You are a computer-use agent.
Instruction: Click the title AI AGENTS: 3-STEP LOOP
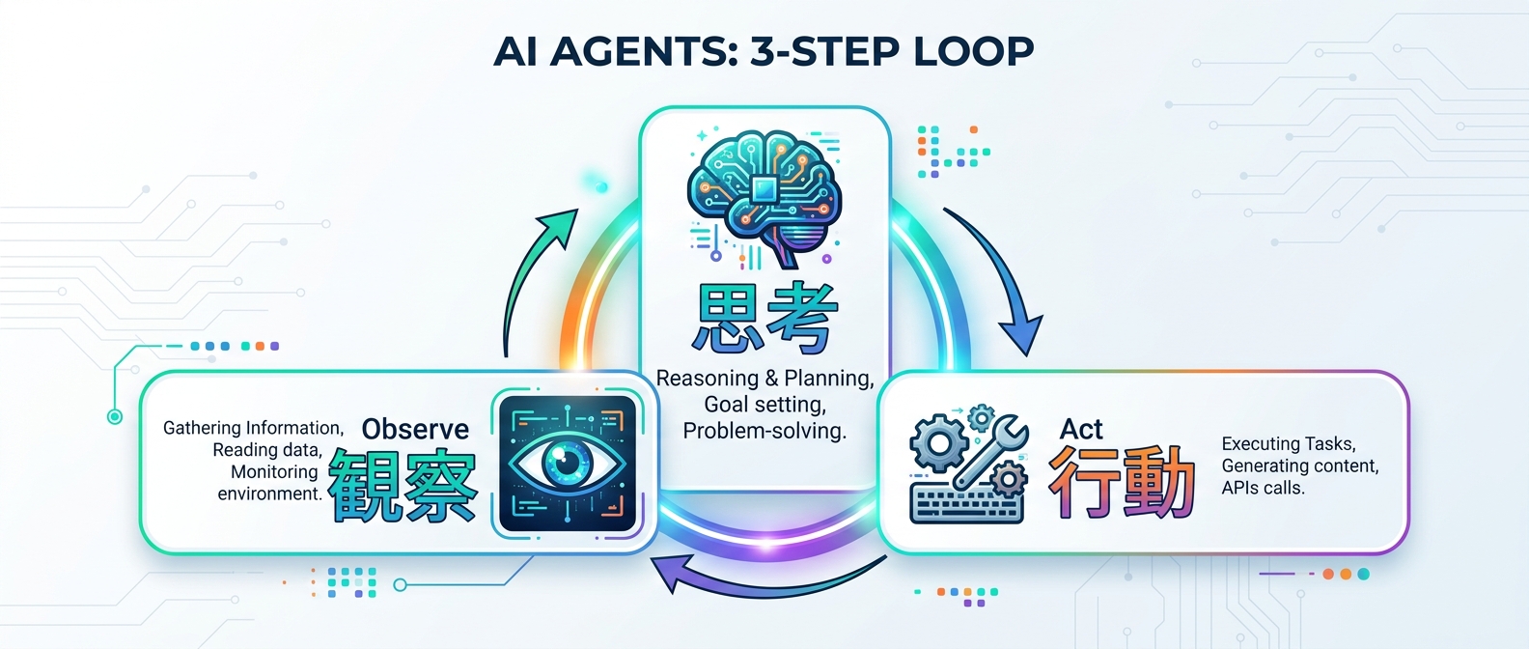tap(764, 51)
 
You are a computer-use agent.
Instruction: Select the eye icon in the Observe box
tap(568, 463)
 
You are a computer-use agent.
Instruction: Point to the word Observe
tap(415, 429)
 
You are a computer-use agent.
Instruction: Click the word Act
tap(1081, 429)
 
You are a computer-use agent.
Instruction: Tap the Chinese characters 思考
tap(764, 318)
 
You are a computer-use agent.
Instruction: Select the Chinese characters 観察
tap(403, 486)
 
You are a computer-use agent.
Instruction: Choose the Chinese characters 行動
tap(1122, 482)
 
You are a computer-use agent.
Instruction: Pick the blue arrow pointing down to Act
tap(999, 280)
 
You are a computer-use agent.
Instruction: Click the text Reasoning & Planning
tap(764, 379)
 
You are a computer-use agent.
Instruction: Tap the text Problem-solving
tap(764, 431)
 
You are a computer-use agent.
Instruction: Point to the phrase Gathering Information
tap(253, 428)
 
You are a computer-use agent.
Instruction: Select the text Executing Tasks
tap(1289, 444)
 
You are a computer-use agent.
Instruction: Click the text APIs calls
tap(1263, 489)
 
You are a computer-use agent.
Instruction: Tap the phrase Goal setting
tap(764, 405)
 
